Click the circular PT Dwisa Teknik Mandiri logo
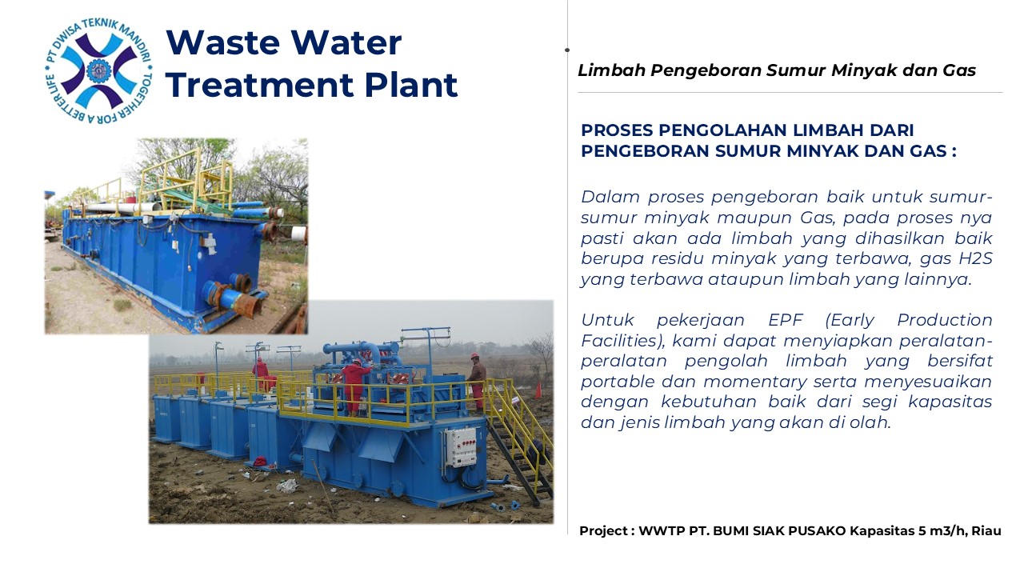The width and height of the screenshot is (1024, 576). (x=98, y=71)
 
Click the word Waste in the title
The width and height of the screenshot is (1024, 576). (x=222, y=42)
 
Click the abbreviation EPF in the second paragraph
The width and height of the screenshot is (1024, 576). (x=786, y=320)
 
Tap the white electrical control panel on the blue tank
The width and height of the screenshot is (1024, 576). (x=460, y=446)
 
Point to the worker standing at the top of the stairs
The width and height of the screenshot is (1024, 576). (x=477, y=380)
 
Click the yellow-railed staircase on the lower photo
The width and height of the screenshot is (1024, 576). (x=519, y=439)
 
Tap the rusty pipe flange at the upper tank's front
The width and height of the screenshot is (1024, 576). (x=244, y=305)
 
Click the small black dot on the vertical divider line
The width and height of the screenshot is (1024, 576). (x=567, y=50)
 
